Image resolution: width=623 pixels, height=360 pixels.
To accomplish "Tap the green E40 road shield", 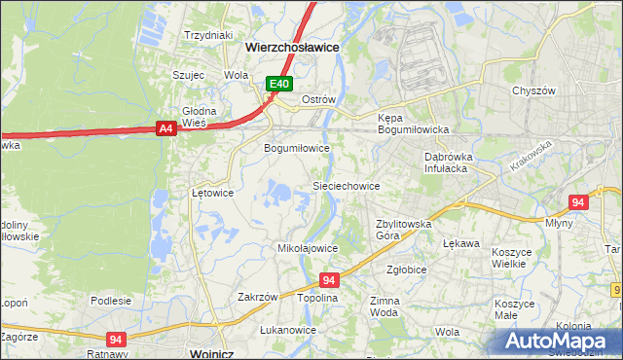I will point(279,85).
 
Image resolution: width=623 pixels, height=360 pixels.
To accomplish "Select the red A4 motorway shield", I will point(165,127).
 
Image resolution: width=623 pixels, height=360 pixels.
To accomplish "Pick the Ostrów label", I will point(318,100).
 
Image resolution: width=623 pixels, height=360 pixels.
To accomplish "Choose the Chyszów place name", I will point(532,90).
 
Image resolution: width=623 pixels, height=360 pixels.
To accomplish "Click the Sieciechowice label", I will point(345,185).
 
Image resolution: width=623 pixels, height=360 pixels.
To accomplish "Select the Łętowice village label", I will point(212,193).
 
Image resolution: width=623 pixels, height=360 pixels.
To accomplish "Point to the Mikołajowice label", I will point(308,248).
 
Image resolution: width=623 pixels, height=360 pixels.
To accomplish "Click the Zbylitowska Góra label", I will point(404,230).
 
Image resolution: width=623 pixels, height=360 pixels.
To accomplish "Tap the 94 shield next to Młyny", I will point(578,202).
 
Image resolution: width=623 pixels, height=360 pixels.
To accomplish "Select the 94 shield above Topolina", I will point(329,280).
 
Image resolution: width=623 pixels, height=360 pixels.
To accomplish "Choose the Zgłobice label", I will point(407,270).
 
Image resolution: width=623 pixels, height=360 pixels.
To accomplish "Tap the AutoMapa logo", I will point(559,342).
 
